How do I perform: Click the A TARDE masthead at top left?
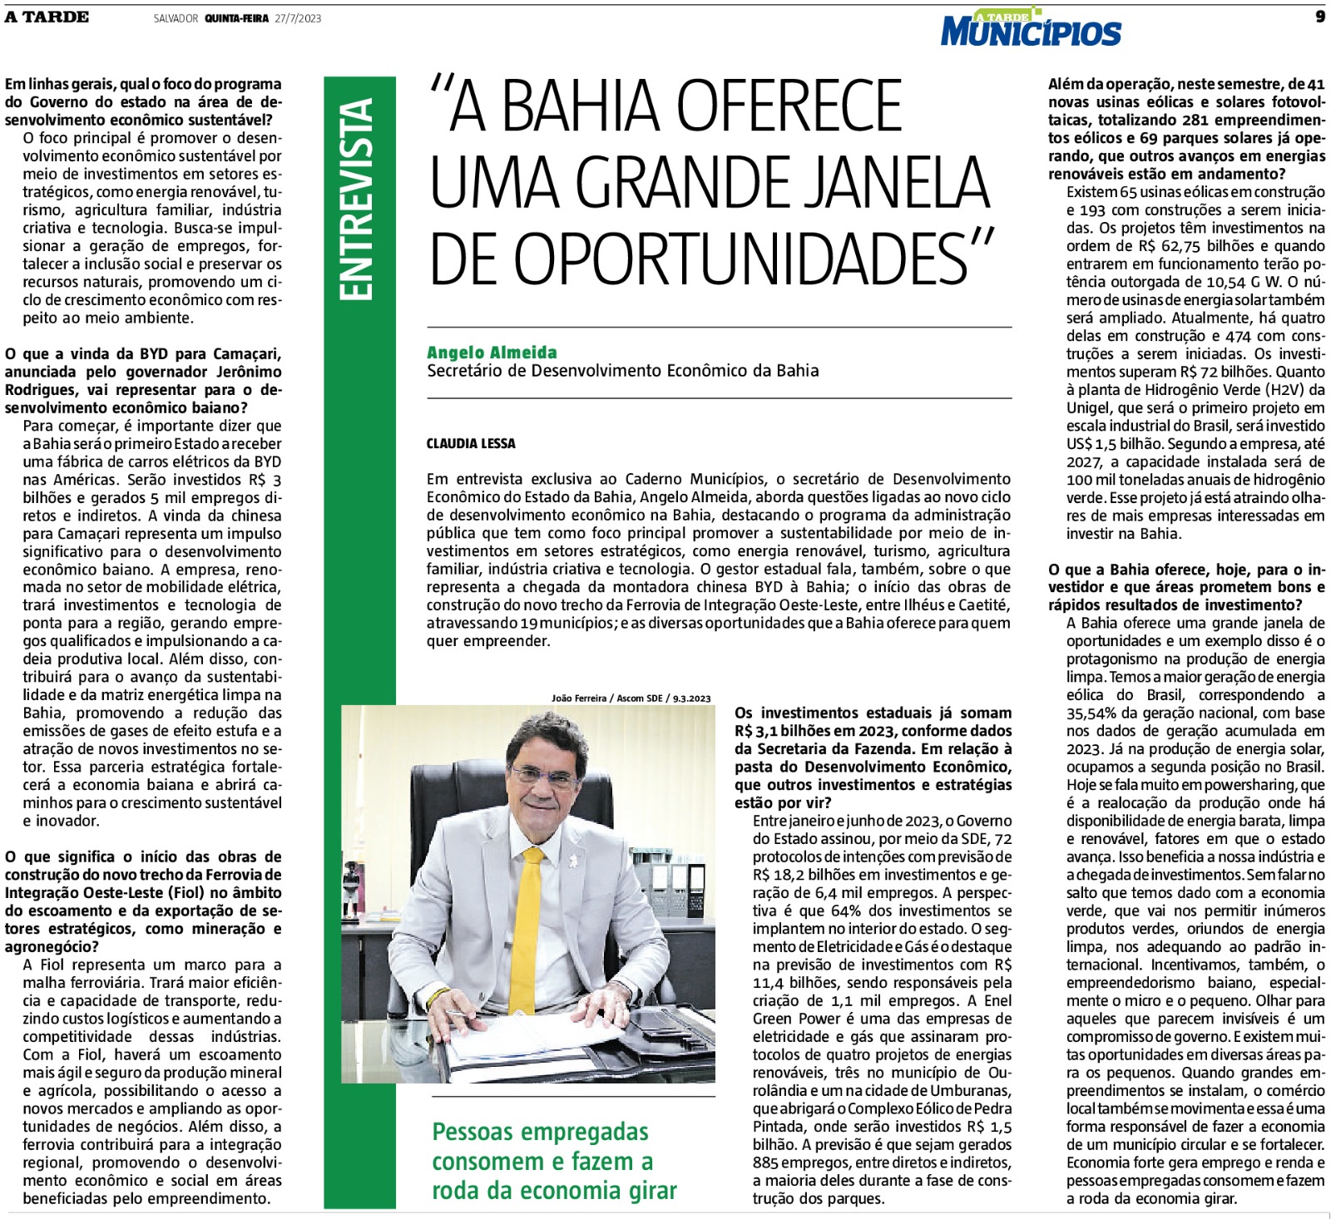tap(47, 17)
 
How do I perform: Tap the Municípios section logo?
tap(1031, 31)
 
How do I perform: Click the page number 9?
tap(1319, 17)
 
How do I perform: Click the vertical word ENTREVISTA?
tap(359, 200)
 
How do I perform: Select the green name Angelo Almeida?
tap(492, 353)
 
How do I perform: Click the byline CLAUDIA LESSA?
tap(471, 444)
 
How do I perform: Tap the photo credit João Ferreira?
tap(579, 698)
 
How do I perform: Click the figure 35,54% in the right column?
tap(1093, 713)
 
